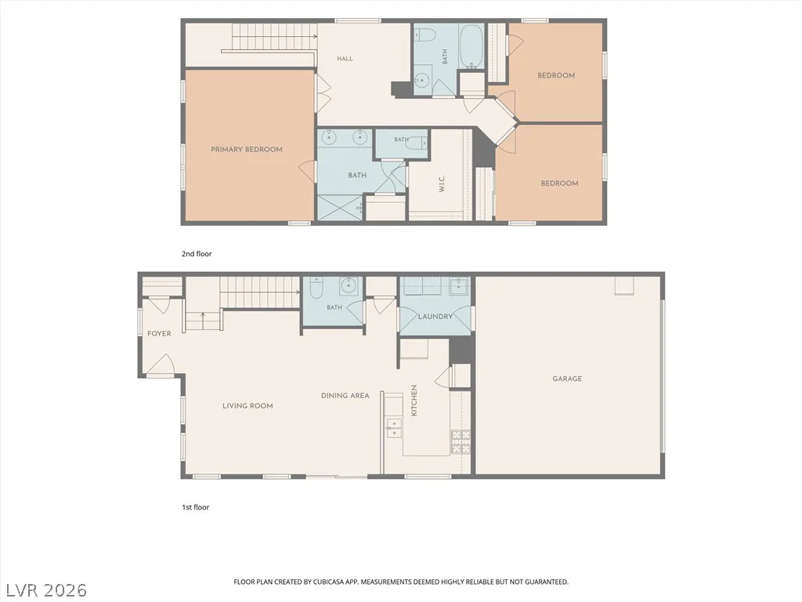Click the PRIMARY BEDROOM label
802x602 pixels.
click(x=247, y=150)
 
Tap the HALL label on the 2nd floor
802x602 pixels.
click(x=345, y=58)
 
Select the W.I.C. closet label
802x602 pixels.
click(x=442, y=183)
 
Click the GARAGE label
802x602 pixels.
click(x=567, y=379)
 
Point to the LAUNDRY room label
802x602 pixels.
click(x=435, y=317)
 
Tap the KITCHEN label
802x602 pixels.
click(x=414, y=401)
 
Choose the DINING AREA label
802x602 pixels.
click(x=345, y=396)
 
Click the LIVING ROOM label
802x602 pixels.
click(x=247, y=405)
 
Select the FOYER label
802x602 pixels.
click(x=159, y=333)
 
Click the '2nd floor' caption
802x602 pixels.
click(x=197, y=253)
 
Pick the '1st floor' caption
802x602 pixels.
click(x=196, y=507)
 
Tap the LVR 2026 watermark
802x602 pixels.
click(x=44, y=590)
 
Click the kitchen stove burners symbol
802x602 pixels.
click(x=461, y=442)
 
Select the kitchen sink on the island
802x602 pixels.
click(x=393, y=428)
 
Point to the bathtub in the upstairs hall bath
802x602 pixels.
click(x=471, y=46)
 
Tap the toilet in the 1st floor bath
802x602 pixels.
click(x=316, y=288)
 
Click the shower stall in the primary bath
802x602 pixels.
click(x=340, y=208)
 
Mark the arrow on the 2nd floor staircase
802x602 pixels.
click(x=275, y=36)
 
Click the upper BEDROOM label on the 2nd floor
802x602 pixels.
click(x=556, y=75)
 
